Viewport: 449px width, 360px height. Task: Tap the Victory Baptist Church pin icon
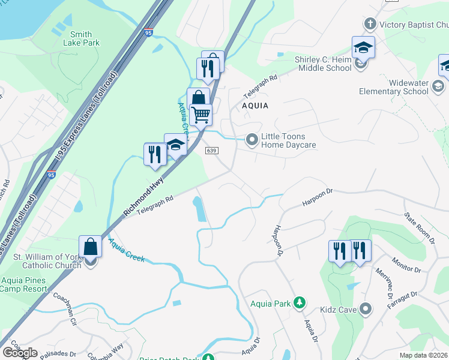coord(370,25)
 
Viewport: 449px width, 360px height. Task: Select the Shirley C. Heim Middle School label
coord(323,64)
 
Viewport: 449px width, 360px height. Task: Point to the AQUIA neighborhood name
coord(255,106)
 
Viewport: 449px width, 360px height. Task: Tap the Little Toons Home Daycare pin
coord(252,140)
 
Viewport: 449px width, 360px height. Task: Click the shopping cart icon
coord(201,113)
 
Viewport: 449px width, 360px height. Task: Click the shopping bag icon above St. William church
coord(90,246)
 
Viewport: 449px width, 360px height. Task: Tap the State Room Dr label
coord(418,226)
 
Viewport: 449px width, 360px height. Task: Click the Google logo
coord(20,353)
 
